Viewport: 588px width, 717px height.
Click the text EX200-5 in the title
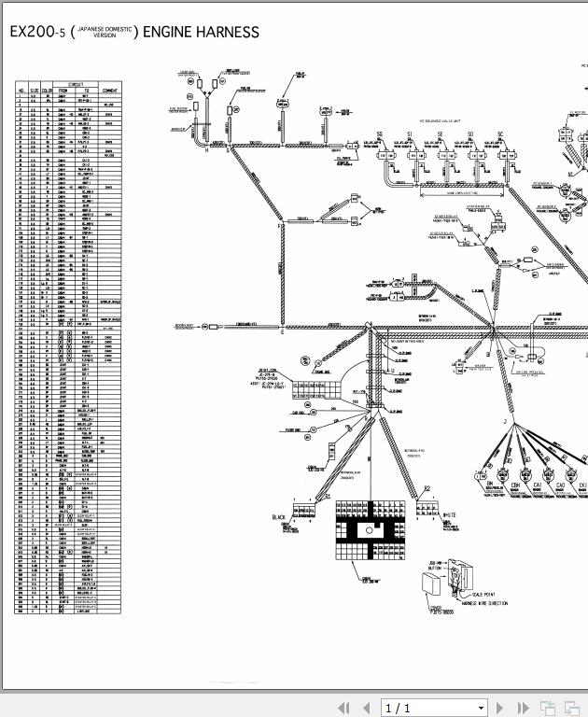36,33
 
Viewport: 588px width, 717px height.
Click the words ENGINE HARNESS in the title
201,33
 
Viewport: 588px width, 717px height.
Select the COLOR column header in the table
48,90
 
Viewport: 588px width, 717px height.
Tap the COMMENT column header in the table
109,90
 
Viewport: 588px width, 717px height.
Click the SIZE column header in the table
34,90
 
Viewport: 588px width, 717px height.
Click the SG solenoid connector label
380,134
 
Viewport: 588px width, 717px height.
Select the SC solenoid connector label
500,134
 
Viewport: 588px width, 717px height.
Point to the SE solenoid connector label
440,134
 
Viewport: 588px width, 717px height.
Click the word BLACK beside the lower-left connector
279,517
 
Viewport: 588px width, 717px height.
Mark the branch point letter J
505,423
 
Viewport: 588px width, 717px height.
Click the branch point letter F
277,227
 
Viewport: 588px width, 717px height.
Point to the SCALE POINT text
483,594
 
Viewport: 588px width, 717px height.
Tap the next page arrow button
500,708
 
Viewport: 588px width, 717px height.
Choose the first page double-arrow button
343,708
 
